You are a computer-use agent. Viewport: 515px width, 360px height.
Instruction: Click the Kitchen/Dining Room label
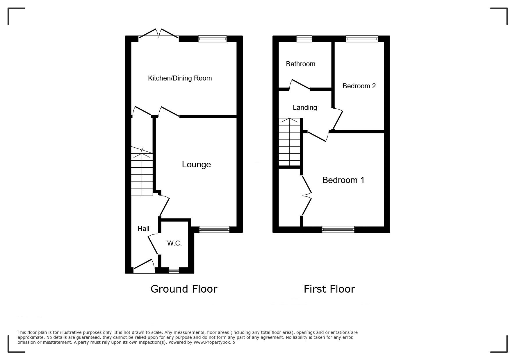click(x=180, y=78)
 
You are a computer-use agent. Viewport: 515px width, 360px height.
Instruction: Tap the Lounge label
click(x=196, y=164)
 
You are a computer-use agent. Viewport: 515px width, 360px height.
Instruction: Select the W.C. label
click(x=174, y=243)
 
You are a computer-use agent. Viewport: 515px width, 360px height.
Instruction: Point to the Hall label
click(x=143, y=229)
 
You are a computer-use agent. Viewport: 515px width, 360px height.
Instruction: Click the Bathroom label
click(x=301, y=64)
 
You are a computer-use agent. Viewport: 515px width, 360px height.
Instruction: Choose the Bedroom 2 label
click(x=359, y=86)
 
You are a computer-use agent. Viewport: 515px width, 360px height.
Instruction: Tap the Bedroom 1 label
click(x=343, y=180)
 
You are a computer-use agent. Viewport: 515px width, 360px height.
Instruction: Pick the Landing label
click(x=305, y=108)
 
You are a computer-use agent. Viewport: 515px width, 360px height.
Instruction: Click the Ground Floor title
click(x=184, y=289)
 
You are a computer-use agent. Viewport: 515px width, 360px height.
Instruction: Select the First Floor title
click(x=329, y=289)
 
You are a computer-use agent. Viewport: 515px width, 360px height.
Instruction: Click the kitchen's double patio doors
click(x=158, y=34)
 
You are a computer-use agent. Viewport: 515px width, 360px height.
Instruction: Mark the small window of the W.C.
click(x=174, y=270)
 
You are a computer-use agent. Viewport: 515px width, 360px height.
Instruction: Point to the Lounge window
click(x=214, y=230)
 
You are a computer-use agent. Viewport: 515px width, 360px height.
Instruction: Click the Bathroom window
click(x=304, y=39)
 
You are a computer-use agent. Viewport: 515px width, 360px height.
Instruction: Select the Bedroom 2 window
click(x=362, y=39)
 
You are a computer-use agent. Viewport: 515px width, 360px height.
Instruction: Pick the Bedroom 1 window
click(x=338, y=230)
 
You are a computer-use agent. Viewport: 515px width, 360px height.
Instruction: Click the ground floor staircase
click(x=142, y=171)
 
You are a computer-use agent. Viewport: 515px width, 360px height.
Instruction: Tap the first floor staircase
click(x=289, y=142)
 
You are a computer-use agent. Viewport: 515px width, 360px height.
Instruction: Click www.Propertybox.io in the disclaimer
click(x=214, y=342)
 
